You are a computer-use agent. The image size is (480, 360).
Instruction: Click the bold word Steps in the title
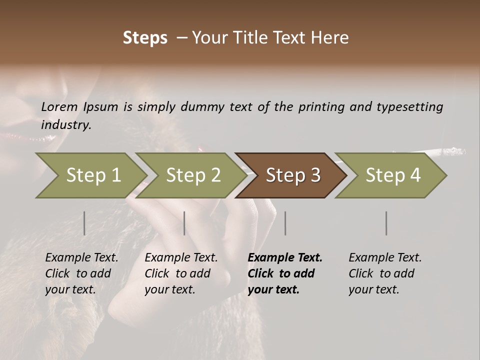pos(145,38)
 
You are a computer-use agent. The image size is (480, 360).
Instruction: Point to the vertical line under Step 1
pos(84,223)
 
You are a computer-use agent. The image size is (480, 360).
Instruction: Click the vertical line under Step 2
pos(184,223)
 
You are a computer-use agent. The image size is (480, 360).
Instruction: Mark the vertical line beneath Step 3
pos(285,223)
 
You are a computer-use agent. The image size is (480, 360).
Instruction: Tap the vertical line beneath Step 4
pos(386,223)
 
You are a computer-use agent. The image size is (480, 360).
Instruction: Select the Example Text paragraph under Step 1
pos(81,273)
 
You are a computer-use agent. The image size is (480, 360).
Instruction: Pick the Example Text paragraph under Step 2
pos(181,273)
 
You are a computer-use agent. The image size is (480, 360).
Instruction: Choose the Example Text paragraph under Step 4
pos(385,273)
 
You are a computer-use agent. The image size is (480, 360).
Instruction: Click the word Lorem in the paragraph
pos(59,106)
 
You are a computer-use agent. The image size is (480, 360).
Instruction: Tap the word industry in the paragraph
pos(66,125)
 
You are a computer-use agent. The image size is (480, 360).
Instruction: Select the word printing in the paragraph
pos(321,106)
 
